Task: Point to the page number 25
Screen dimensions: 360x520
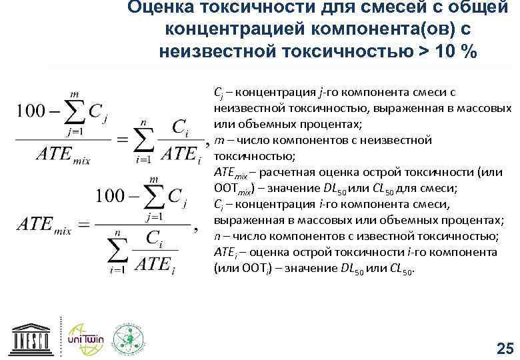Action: pyautogui.click(x=505, y=347)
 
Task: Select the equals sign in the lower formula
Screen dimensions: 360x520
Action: pyautogui.click(x=85, y=225)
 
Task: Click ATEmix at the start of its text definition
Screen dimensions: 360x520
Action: pyautogui.click(x=230, y=173)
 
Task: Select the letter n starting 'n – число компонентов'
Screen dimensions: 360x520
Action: pyautogui.click(x=217, y=236)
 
